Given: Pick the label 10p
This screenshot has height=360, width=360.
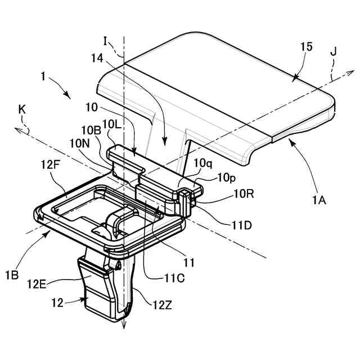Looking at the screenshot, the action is (x=227, y=178).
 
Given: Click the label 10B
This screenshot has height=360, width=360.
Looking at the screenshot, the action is (x=91, y=130).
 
